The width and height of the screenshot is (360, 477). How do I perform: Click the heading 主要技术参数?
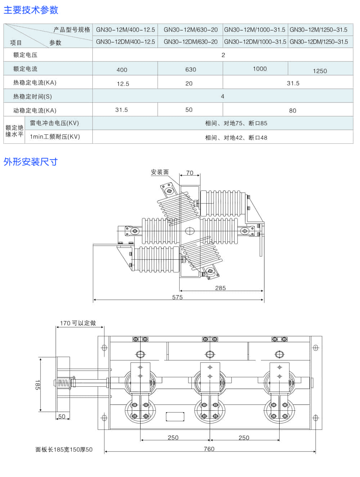(31, 10)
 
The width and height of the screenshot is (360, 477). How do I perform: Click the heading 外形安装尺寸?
(31, 162)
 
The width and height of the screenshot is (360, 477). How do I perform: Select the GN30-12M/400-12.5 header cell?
(125, 30)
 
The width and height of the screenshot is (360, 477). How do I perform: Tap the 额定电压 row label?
(25, 55)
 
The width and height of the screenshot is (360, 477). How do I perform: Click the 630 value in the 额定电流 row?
(190, 69)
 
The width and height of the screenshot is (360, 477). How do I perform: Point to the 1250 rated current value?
(320, 71)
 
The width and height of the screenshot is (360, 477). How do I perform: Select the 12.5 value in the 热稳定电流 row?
(123, 84)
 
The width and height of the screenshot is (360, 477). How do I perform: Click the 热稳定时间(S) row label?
(32, 96)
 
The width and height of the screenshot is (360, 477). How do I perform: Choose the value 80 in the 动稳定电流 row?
(293, 111)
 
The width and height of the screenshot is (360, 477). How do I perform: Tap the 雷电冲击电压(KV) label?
(54, 123)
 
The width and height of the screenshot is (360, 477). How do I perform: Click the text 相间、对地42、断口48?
(236, 138)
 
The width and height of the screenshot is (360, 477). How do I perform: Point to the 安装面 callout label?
(160, 172)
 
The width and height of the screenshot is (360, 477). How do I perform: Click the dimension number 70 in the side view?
(190, 173)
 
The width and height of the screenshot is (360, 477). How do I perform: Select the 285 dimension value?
(220, 288)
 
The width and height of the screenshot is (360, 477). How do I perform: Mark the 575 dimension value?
(177, 297)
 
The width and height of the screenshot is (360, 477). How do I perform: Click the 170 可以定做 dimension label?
(78, 323)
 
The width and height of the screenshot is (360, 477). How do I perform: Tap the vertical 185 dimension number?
(37, 384)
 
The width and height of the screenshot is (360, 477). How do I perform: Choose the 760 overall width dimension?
(209, 449)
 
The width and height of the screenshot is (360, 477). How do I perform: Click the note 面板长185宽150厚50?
(64, 450)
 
